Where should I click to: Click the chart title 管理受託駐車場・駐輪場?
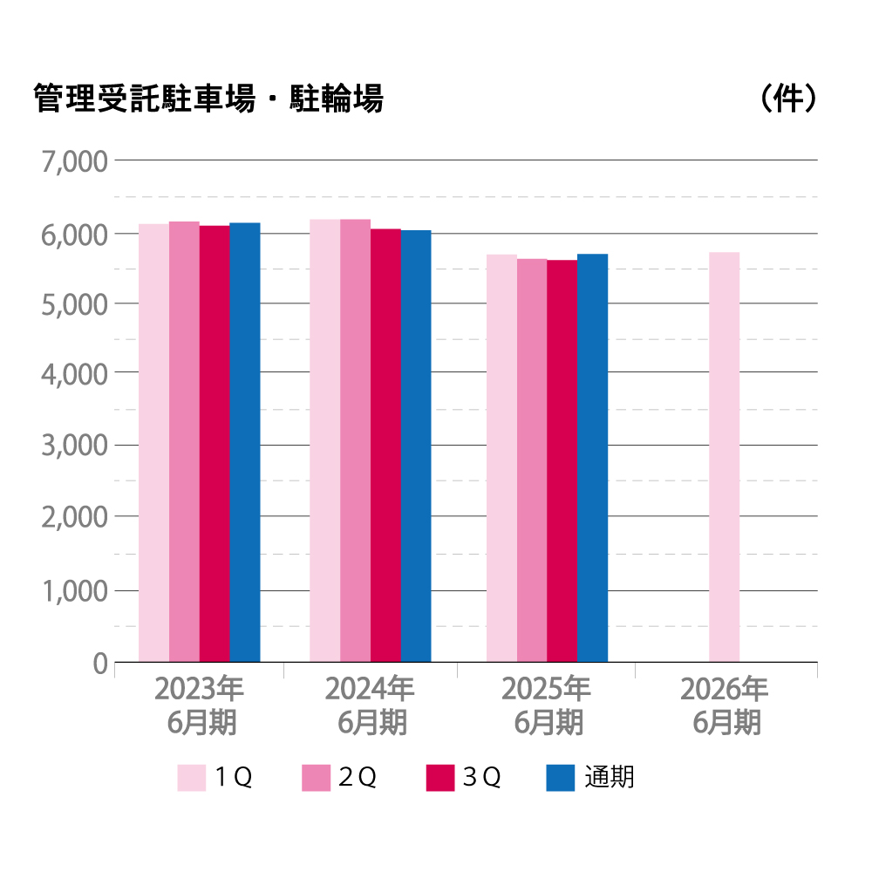208,99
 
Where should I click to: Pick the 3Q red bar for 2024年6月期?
385,446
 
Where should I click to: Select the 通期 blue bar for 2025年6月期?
592,458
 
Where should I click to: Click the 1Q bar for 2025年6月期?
501,458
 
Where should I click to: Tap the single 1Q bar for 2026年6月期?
724,457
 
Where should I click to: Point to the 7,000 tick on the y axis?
74,161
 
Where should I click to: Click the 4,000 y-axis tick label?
74,373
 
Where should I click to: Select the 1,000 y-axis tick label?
74,590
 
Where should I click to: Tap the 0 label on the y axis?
99,664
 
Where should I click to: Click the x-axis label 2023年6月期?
200,705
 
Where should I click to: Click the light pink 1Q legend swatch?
192,777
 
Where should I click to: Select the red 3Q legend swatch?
440,777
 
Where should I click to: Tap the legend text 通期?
610,776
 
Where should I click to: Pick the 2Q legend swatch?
316,777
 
